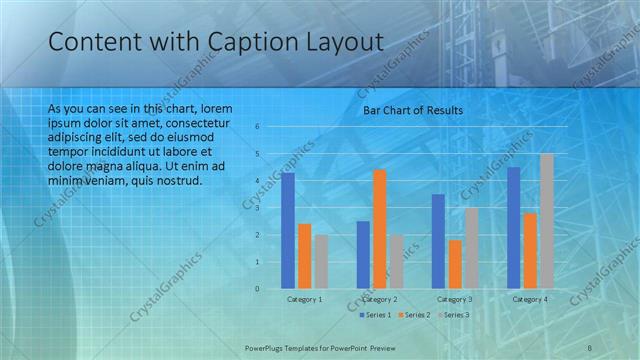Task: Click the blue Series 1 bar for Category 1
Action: coord(288,231)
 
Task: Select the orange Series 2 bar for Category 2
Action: coord(380,229)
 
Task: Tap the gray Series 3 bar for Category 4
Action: coord(547,221)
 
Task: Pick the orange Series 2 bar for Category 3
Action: coord(456,264)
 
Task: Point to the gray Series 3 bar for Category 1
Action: coord(321,262)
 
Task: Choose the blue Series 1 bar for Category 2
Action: coord(363,255)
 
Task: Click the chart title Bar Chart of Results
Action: coord(412,110)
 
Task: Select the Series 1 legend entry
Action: coord(374,315)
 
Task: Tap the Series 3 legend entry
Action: coord(452,315)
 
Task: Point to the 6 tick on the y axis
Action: coord(257,127)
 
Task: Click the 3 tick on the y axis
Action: coord(257,208)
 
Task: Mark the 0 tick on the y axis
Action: coord(257,289)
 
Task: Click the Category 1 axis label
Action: coord(304,299)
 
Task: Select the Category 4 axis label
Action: coord(530,299)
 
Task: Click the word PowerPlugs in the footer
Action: coord(268,347)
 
